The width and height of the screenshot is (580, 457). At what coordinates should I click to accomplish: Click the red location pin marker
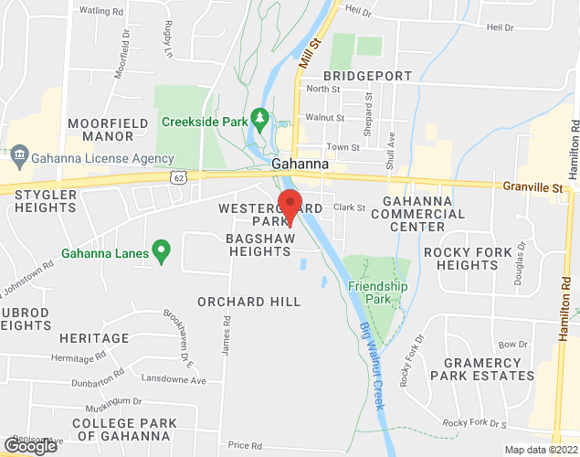click(x=290, y=206)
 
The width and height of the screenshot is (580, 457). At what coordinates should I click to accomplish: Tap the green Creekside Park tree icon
click(x=260, y=118)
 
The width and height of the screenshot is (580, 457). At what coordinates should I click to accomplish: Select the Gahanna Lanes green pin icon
click(x=162, y=248)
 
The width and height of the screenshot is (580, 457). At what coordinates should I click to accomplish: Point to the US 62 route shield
click(x=178, y=175)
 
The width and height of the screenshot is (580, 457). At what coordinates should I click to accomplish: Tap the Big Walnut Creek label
click(x=381, y=356)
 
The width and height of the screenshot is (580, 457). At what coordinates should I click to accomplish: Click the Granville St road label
click(x=534, y=187)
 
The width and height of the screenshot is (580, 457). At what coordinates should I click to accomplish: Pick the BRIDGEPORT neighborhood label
click(x=367, y=75)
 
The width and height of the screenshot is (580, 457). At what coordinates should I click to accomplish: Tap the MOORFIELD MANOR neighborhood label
click(x=101, y=129)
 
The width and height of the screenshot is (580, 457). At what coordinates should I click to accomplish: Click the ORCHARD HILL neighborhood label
click(x=249, y=302)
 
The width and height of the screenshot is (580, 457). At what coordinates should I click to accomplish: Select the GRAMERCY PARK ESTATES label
click(x=481, y=368)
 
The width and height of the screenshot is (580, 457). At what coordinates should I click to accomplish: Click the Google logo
click(x=30, y=446)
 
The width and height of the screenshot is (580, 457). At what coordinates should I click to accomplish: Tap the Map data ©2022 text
click(x=541, y=450)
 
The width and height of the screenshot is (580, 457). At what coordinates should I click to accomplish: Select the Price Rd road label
click(x=245, y=445)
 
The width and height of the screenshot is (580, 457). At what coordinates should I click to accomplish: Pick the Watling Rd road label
click(x=101, y=10)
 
